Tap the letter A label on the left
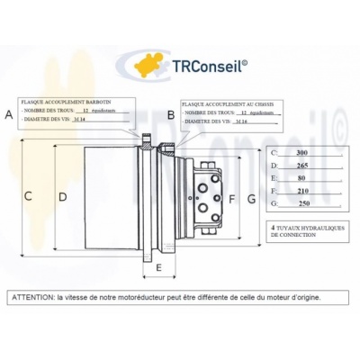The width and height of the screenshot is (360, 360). click(9, 114)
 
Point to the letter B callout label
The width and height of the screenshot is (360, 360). click(171, 115)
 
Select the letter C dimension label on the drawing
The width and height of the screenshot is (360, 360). click(28, 196)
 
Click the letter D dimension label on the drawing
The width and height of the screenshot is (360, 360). click(62, 196)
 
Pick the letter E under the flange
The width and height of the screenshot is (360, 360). click(159, 268)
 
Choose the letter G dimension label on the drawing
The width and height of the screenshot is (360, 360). click(252, 198)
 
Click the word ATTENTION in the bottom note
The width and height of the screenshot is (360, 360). click(32, 296)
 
